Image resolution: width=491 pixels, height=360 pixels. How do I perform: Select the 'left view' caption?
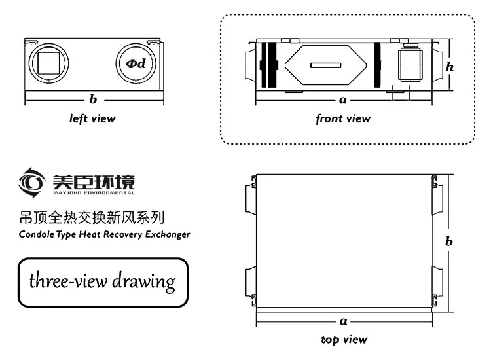point(92,118)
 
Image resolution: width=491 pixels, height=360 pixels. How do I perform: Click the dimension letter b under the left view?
point(93,99)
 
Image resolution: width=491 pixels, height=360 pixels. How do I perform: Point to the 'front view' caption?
point(342,118)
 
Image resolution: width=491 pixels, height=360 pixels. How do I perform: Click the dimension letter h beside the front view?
point(450,66)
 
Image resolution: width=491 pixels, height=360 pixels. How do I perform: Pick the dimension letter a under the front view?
point(343,99)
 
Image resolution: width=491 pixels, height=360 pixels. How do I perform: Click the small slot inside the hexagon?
point(325,65)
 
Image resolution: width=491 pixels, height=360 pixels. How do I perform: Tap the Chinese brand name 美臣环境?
point(94,179)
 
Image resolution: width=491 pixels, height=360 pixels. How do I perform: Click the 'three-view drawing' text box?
point(102,282)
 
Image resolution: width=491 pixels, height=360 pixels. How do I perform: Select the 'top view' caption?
point(344,340)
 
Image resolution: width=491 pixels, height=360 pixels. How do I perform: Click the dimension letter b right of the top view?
point(449,242)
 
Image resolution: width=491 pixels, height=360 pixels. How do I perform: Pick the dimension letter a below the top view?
point(344,321)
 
